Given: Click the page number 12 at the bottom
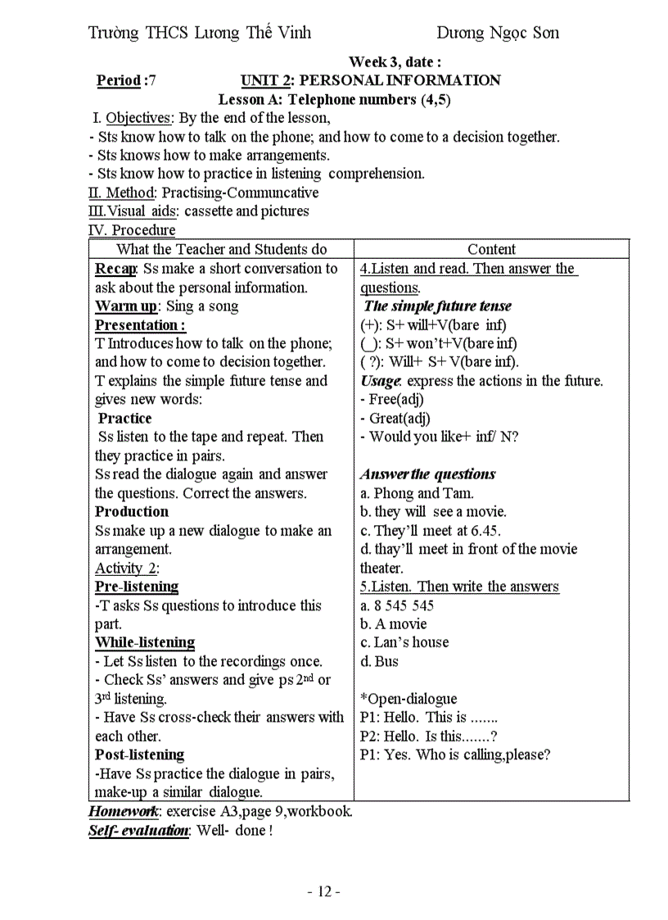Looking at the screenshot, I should [324, 891].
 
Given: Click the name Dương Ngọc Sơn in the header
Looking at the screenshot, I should [497, 33].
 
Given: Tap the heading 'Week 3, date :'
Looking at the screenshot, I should [395, 61].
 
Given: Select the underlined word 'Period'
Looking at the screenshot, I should [118, 80].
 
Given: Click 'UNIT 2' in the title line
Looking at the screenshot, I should [266, 80].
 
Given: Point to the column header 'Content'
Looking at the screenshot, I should [491, 249].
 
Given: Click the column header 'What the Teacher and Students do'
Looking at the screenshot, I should [221, 249].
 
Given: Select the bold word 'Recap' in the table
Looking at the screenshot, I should [115, 269].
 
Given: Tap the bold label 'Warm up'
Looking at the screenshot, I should [127, 306].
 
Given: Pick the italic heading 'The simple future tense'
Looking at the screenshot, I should [437, 306].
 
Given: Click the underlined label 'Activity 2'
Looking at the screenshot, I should [126, 568].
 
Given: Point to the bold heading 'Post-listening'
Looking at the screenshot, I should [139, 755].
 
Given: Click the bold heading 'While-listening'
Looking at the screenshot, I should [145, 642].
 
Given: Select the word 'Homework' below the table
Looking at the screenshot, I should [124, 812].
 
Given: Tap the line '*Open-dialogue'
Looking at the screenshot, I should [408, 699].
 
